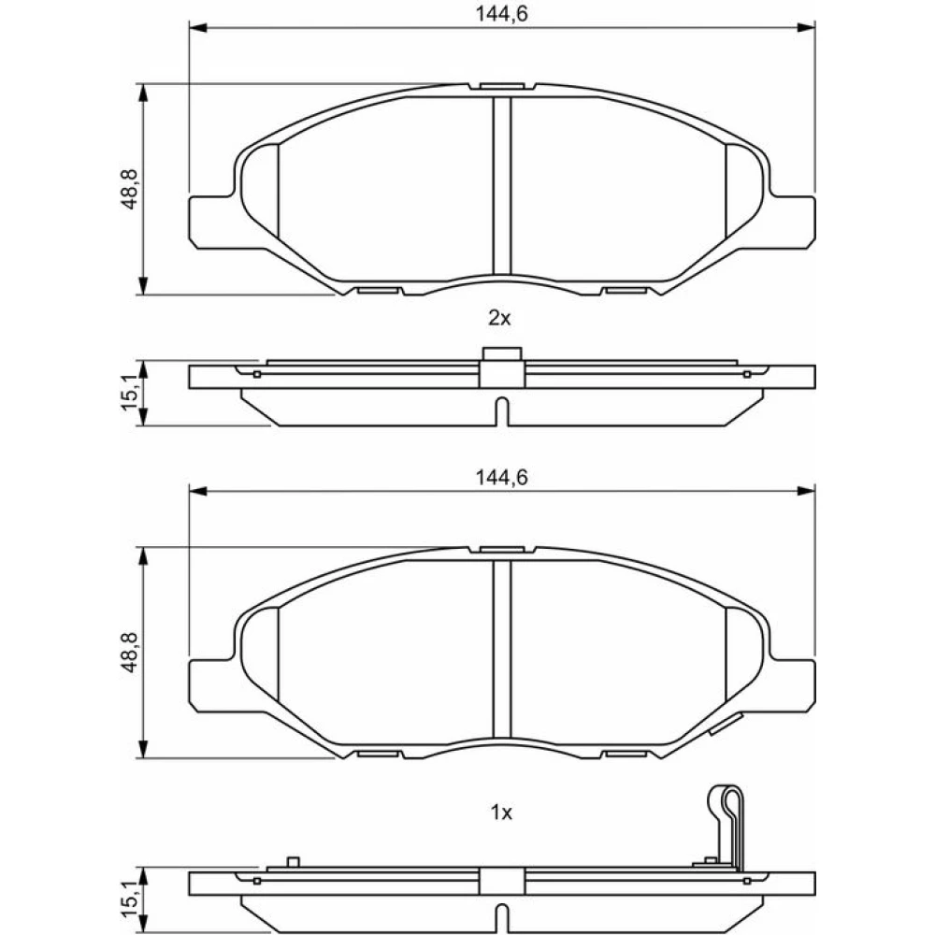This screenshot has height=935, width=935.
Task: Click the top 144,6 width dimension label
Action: [x=501, y=13]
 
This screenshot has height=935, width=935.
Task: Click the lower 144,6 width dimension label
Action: [x=501, y=478]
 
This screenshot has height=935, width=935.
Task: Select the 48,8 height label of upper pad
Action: [x=129, y=189]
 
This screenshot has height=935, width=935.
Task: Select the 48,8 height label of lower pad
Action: [x=129, y=653]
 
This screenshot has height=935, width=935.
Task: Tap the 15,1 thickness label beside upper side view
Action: [x=129, y=392]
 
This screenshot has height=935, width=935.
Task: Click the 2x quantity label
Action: [x=499, y=319]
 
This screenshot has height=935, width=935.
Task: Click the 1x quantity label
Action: [x=501, y=813]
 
